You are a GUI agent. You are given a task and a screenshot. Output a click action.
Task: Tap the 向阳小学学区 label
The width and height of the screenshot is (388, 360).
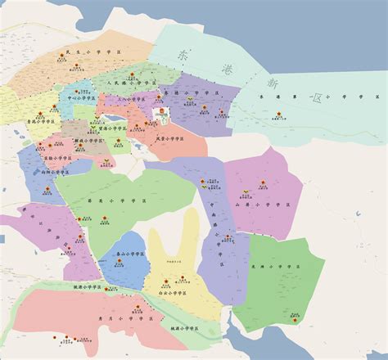[x=56, y=173]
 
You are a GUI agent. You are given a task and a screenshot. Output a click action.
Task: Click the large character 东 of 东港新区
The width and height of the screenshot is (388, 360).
[x=182, y=56]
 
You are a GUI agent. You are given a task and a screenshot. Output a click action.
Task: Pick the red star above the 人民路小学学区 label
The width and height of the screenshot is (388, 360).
[x=131, y=74]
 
